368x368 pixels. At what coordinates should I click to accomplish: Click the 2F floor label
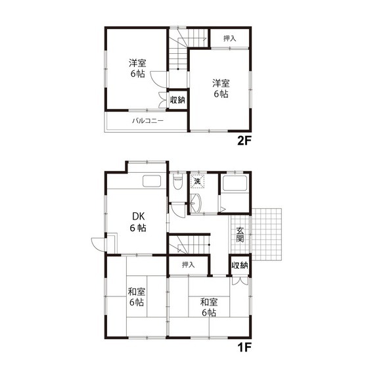click(x=244, y=141)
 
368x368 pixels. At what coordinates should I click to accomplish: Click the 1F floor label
click(x=244, y=348)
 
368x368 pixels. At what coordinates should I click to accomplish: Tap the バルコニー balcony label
click(x=148, y=121)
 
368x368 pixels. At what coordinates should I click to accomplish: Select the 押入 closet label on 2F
click(x=229, y=39)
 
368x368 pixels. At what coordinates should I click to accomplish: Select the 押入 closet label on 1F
click(x=189, y=265)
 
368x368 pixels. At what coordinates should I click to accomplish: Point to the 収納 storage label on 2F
click(x=177, y=100)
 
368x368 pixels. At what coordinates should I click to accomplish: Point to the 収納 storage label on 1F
click(x=240, y=265)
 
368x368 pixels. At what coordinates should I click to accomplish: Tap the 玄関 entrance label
click(x=240, y=235)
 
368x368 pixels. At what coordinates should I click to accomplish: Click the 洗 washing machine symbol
click(x=197, y=181)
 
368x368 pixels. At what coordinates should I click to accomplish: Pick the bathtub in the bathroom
click(x=235, y=183)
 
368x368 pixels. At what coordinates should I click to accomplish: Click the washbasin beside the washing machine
click(x=196, y=203)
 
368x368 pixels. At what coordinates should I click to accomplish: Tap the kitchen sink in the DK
click(x=152, y=181)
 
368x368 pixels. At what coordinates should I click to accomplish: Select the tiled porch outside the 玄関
click(x=267, y=234)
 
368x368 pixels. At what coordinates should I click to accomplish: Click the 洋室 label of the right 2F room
click(x=221, y=83)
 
